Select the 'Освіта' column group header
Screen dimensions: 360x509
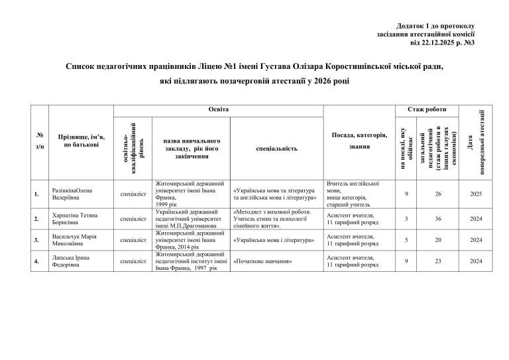[218, 108]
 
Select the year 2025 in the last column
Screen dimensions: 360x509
[475, 194]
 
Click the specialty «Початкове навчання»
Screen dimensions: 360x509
[264, 261]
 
